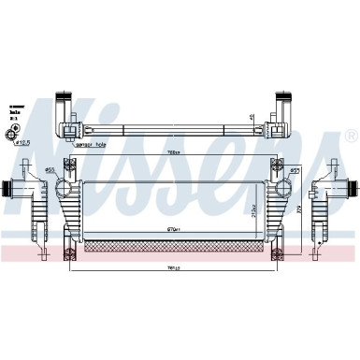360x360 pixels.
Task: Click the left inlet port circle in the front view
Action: click(x=67, y=186)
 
